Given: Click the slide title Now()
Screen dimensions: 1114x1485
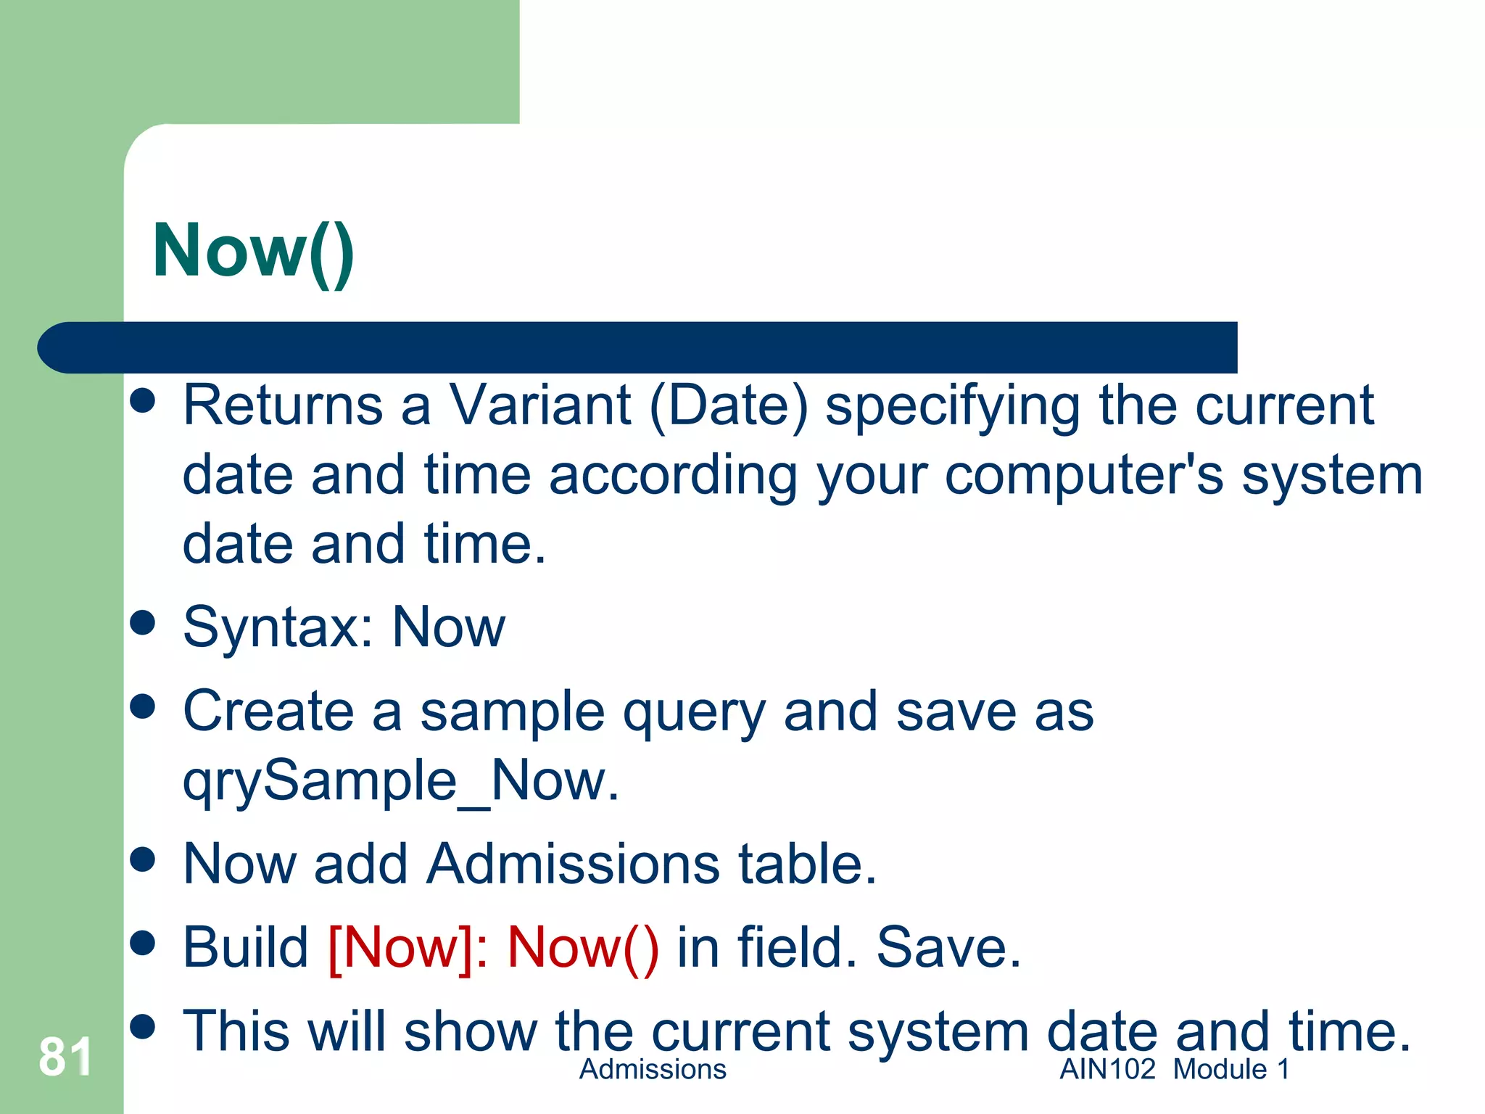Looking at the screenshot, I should point(253,251).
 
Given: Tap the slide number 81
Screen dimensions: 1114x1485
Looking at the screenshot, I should point(65,1057).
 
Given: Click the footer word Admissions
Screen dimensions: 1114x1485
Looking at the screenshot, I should point(653,1070).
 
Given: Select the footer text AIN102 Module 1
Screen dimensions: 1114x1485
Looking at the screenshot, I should point(1175,1070).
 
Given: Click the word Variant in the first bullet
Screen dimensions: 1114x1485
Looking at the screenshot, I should point(540,405).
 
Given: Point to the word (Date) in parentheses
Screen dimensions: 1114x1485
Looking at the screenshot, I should point(728,406).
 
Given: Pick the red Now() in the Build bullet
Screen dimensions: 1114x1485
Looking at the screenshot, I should point(583,948).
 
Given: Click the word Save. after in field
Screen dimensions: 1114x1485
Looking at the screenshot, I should point(948,948).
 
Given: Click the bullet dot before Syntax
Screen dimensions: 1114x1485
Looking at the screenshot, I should point(143,623).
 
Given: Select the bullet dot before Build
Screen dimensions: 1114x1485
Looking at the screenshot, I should point(143,943).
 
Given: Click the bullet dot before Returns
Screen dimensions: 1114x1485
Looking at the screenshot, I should point(143,400).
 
